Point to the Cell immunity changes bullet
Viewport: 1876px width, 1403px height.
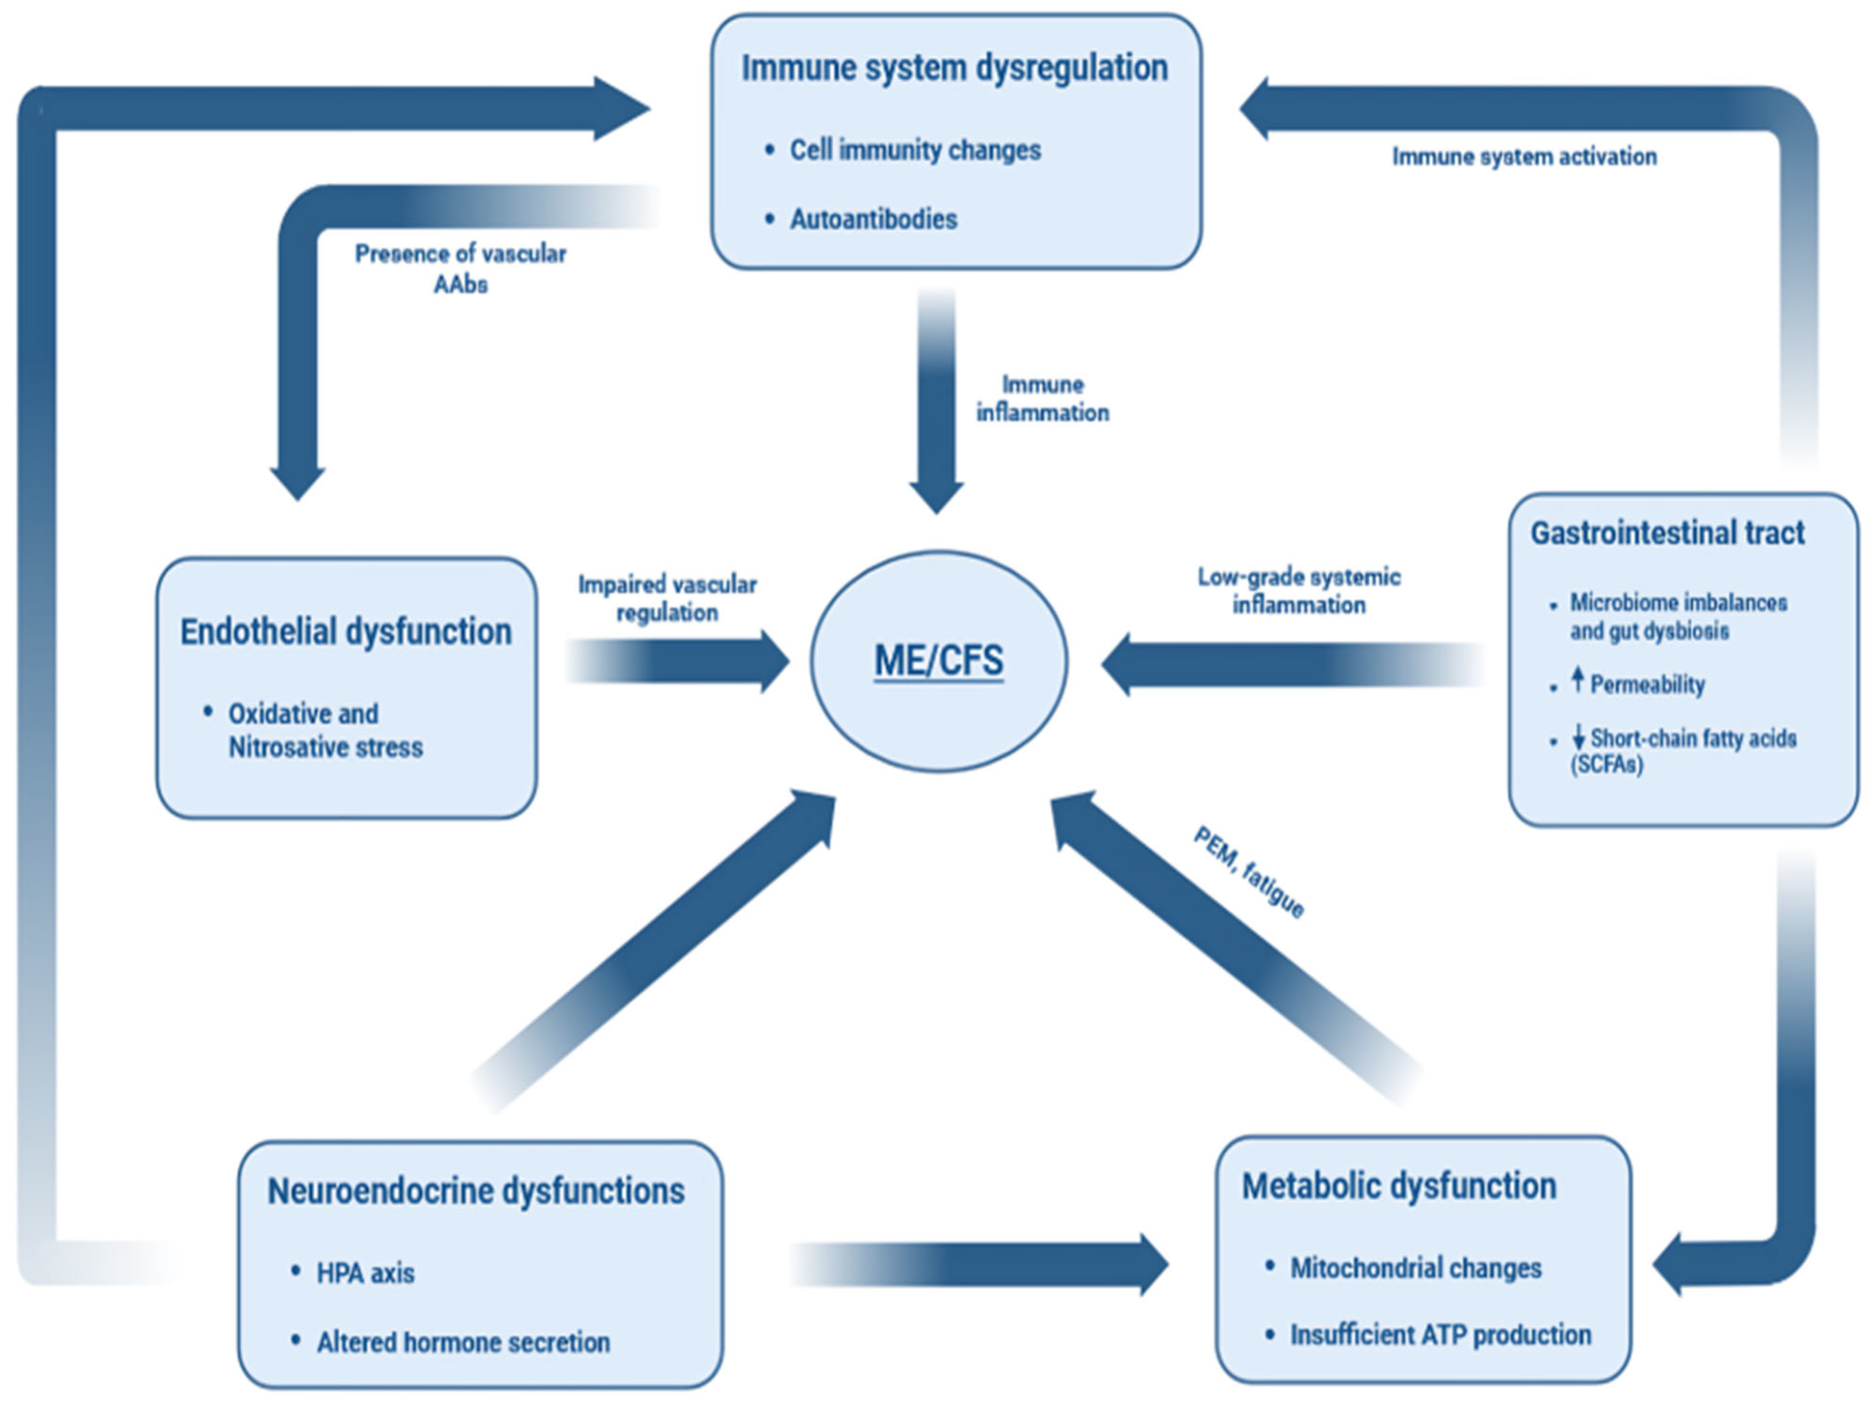click(x=914, y=150)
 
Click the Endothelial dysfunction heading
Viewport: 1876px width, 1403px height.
click(x=345, y=632)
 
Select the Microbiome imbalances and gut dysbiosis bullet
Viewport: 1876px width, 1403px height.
click(x=1677, y=617)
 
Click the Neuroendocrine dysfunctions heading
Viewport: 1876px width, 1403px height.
click(x=476, y=1191)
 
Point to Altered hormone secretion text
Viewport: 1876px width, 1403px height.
click(x=463, y=1343)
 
